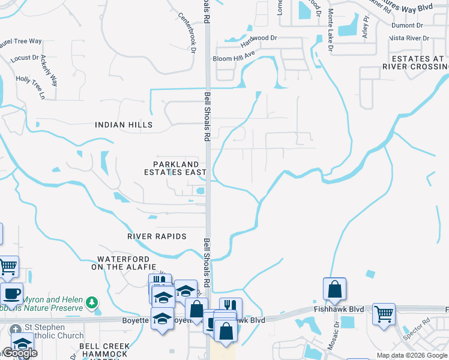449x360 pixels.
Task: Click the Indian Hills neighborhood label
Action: (x=124, y=125)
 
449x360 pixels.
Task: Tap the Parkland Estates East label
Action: (x=175, y=168)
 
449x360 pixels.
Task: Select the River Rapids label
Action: (x=157, y=236)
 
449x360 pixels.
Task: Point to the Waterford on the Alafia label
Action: (x=124, y=263)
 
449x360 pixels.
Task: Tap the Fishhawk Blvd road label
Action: (x=339, y=309)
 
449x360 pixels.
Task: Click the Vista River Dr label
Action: (x=409, y=38)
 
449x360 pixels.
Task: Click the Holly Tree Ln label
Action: (x=31, y=86)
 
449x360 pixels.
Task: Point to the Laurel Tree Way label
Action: (x=20, y=41)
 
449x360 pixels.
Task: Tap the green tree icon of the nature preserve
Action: (x=91, y=302)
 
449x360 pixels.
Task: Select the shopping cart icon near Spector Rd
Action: (x=384, y=313)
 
